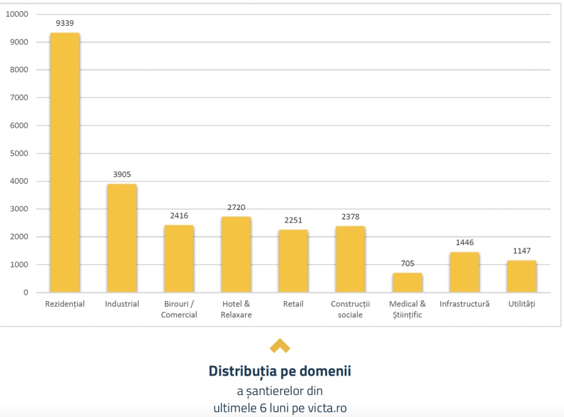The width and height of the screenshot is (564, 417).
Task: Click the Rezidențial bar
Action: [65, 162]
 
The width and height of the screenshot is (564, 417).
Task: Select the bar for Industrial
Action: [122, 238]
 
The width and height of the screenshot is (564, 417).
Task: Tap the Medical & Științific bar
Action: [407, 282]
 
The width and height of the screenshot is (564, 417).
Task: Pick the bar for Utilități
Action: [521, 276]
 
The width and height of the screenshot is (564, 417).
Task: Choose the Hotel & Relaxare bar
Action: [236, 254]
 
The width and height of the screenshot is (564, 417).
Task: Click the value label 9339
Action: [65, 23]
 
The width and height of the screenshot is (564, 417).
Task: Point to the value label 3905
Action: [122, 174]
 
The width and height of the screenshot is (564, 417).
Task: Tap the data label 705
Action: [407, 263]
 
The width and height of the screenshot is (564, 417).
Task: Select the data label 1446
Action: [464, 243]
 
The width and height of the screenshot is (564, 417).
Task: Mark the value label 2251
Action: [293, 220]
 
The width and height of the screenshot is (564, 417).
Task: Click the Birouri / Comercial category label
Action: [179, 309]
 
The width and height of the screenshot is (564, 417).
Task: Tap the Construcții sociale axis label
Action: [350, 309]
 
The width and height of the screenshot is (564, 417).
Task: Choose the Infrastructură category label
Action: [464, 304]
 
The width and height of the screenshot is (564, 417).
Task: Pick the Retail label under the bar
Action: [293, 304]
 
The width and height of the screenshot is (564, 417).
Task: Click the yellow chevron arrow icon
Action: [279, 346]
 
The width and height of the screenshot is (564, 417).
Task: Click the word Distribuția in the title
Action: [245, 371]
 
